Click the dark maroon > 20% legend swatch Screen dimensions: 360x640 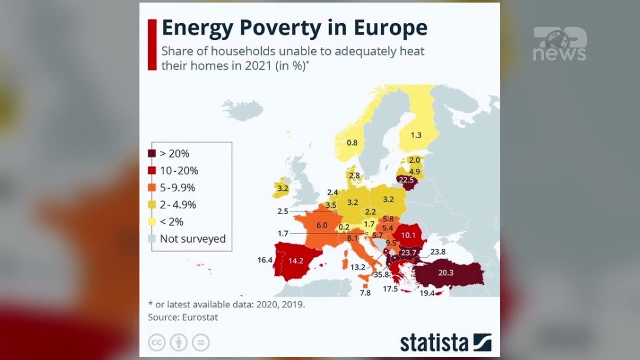pyautogui.click(x=152, y=154)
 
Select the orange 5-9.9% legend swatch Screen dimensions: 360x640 pyautogui.click(x=152, y=188)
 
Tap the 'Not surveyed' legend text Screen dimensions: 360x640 pyautogui.click(x=193, y=239)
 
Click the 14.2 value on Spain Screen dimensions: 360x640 pyautogui.click(x=296, y=260)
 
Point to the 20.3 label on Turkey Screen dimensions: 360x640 pyautogui.click(x=446, y=273)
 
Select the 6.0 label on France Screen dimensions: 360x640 pyautogui.click(x=322, y=226)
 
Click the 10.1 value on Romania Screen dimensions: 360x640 pyautogui.click(x=408, y=235)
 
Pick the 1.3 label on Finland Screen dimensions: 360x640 pyautogui.click(x=416, y=135)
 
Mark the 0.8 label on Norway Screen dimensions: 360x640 pyautogui.click(x=352, y=143)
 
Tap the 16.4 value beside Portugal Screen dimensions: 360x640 pyautogui.click(x=265, y=260)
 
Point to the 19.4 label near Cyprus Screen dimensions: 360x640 pyautogui.click(x=427, y=293)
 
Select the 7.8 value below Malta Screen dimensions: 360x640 pyautogui.click(x=365, y=293)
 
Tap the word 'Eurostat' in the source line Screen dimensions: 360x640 pyautogui.click(x=200, y=317)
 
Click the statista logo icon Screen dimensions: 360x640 pyautogui.click(x=482, y=343)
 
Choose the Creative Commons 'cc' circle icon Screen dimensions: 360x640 pyautogui.click(x=157, y=343)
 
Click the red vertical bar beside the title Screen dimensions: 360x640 pyautogui.click(x=152, y=45)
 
